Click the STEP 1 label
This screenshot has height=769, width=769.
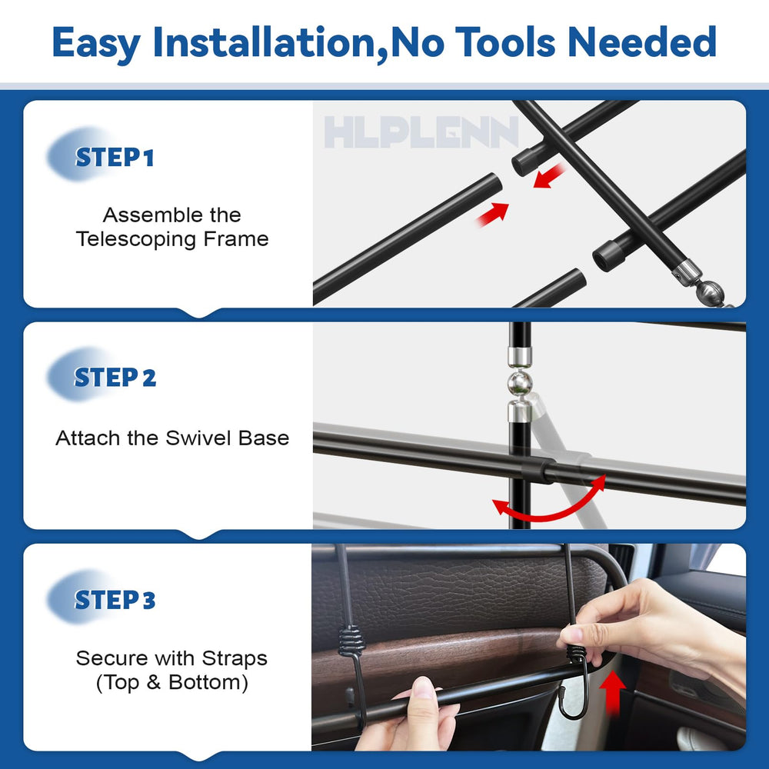[115, 158]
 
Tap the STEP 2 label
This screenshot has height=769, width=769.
[115, 378]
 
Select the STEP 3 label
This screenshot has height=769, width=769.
[115, 600]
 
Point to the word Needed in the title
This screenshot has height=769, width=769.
[642, 42]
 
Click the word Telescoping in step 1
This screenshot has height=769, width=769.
[135, 239]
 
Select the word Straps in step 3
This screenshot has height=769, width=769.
[235, 659]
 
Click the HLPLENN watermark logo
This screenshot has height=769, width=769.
[421, 132]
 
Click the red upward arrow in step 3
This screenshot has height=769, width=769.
[613, 692]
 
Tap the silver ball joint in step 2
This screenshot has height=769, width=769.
[519, 382]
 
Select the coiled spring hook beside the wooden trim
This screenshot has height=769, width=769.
[351, 640]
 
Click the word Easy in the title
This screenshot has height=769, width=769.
[96, 44]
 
